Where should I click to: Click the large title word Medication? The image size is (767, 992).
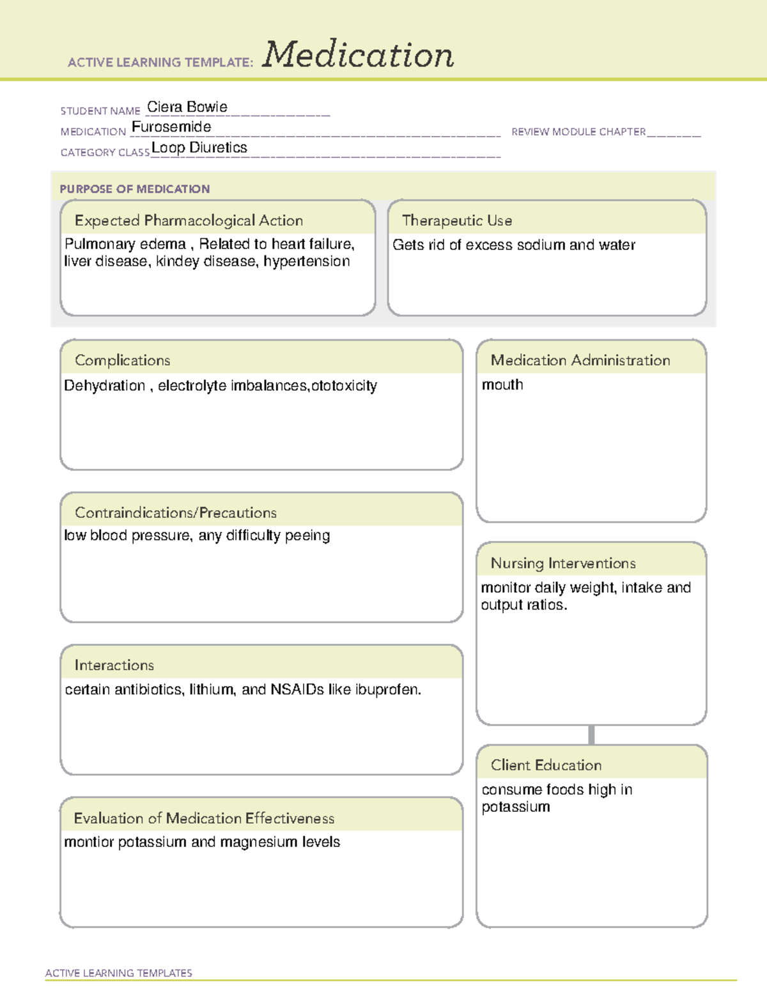[x=358, y=55]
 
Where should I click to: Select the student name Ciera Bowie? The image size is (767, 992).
[x=187, y=107]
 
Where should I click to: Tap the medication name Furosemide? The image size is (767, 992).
[x=171, y=127]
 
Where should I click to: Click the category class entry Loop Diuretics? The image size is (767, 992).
[x=199, y=148]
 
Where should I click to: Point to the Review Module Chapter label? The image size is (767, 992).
[x=578, y=132]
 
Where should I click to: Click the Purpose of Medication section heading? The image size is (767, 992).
[x=134, y=189]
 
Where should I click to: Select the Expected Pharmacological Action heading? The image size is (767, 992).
[x=189, y=220]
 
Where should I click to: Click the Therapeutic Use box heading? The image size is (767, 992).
[x=457, y=220]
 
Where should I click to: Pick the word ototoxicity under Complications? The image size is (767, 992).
[x=344, y=386]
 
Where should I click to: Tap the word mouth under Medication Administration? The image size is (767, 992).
[x=502, y=385]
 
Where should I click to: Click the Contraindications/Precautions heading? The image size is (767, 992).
[x=176, y=512]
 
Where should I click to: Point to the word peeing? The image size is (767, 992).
[x=307, y=536]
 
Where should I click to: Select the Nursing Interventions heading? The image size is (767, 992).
[x=563, y=563]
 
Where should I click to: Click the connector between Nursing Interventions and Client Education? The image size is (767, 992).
[x=591, y=735]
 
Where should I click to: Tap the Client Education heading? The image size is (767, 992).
[x=546, y=765]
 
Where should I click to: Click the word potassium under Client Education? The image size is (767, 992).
[x=516, y=807]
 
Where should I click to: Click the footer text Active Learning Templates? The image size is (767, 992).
[x=119, y=973]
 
